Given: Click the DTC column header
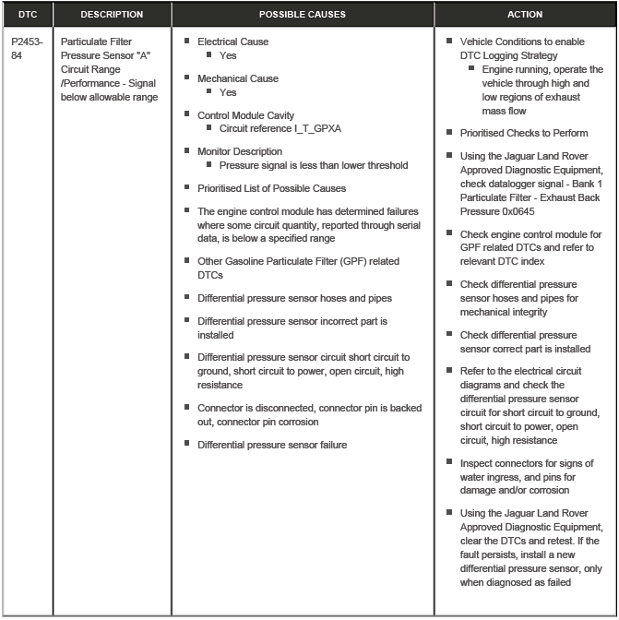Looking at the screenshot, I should pos(28,15).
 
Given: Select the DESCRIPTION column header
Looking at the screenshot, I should pos(112,15).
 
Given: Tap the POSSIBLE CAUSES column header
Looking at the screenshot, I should pos(303,15).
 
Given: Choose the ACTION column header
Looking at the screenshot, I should pos(525,15).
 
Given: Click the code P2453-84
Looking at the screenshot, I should pos(27,49).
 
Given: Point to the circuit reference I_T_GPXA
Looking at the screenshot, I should pos(280,128).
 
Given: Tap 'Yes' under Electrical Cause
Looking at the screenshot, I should pos(228,55).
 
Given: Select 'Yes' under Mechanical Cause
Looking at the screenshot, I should pos(228,92).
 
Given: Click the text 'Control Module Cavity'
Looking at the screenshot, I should pos(245,115).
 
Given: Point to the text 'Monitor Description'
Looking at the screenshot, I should pos(240,151).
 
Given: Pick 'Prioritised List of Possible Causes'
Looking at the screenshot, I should pos(271,188).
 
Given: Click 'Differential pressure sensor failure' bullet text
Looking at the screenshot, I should pos(272,445).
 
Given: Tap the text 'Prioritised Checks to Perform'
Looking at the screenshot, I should pos(523,133).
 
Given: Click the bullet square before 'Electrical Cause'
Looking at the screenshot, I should pos(187,42).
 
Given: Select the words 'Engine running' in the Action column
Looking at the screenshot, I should pos(514,69).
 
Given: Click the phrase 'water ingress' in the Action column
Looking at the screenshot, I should pos(489,477).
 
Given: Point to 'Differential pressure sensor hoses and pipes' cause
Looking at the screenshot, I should pos(294,298).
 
